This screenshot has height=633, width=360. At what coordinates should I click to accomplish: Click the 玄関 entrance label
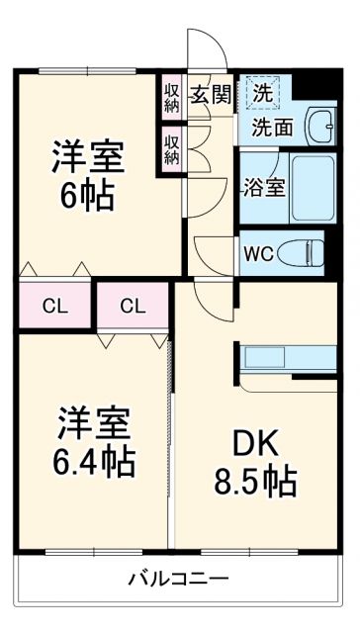(x=210, y=95)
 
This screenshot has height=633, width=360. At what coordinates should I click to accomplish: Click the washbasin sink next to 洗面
(x=318, y=126)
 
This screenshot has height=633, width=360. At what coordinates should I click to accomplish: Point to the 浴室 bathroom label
(x=264, y=186)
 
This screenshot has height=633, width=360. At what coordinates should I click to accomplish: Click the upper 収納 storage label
(x=172, y=97)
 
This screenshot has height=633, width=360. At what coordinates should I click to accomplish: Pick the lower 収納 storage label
(x=172, y=148)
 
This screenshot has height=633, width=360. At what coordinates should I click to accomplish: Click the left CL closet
(x=54, y=306)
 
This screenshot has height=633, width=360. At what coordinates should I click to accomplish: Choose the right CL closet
(x=134, y=306)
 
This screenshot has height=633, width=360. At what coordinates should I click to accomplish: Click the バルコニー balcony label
(x=179, y=579)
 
